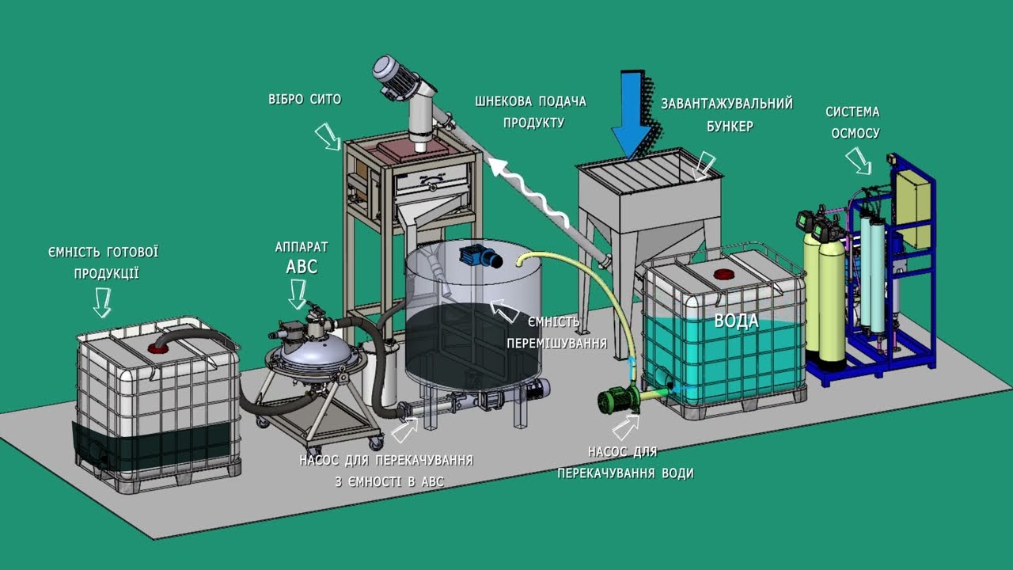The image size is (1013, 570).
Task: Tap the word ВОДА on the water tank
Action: pyautogui.click(x=736, y=321)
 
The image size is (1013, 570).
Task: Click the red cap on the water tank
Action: pyautogui.click(x=724, y=274)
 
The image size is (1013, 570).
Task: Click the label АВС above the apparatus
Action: pyautogui.click(x=302, y=267)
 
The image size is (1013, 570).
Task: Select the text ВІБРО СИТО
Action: pyautogui.click(x=305, y=99)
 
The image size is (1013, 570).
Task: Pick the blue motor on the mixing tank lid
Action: pyautogui.click(x=480, y=257)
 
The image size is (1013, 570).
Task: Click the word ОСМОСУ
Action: pyautogui.click(x=856, y=133)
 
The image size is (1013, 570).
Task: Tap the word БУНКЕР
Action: pyautogui.click(x=730, y=126)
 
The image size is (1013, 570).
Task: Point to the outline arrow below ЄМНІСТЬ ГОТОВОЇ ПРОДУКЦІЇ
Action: pyautogui.click(x=102, y=302)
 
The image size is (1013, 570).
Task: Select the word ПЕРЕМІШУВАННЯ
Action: pyautogui.click(x=556, y=344)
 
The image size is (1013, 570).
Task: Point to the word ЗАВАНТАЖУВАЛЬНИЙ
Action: pyautogui.click(x=727, y=104)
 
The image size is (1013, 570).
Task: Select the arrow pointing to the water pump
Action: pyautogui.click(x=626, y=427)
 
